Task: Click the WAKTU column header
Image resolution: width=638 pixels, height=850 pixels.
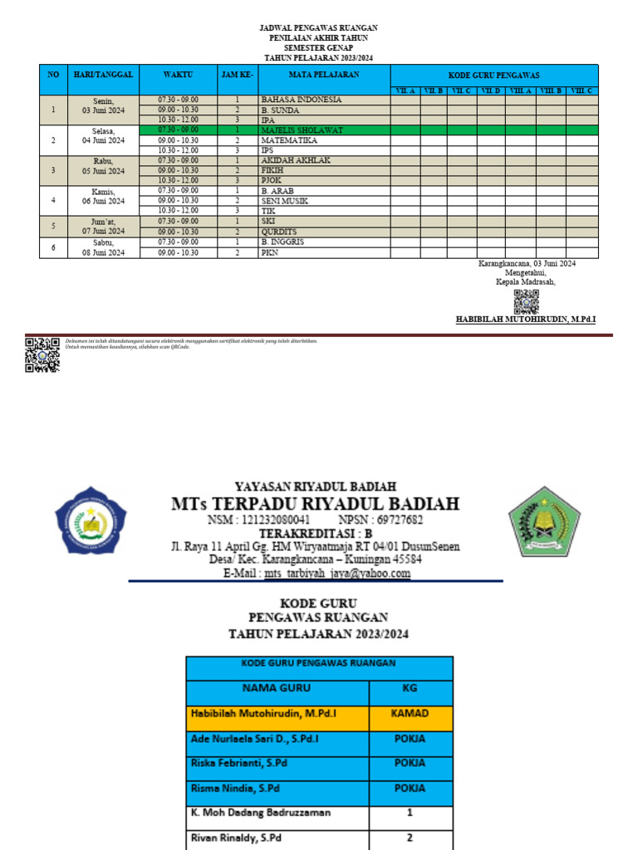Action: pos(179,75)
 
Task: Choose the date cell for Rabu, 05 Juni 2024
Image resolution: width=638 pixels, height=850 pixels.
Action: pos(103,166)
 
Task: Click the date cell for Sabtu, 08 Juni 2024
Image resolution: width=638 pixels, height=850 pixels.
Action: pos(103,247)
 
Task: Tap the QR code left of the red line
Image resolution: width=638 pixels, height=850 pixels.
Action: pos(42,355)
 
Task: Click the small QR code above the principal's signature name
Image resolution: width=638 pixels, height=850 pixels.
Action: pos(526,301)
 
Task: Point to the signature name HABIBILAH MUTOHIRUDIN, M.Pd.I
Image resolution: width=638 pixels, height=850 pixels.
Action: pos(526,320)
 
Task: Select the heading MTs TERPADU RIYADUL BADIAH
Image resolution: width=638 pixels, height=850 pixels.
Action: pos(315,505)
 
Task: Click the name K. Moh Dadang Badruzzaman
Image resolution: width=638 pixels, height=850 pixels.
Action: pos(260,813)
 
